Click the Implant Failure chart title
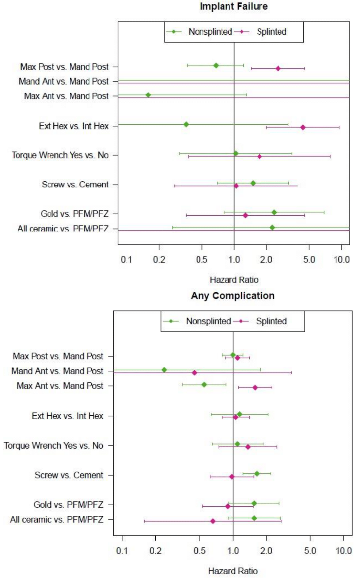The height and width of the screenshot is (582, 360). [x=234, y=6]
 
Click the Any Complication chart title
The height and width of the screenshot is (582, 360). [x=232, y=295]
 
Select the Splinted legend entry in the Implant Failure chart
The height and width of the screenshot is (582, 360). [x=271, y=32]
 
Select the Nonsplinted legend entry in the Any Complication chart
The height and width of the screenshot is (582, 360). [x=208, y=321]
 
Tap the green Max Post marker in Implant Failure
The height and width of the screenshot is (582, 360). [x=216, y=65]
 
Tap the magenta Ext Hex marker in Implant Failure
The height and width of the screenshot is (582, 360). [x=303, y=127]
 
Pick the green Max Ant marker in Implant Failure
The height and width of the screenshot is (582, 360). [x=148, y=95]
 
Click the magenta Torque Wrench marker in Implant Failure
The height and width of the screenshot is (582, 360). [x=259, y=156]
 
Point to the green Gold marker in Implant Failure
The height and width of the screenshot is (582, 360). [x=274, y=212]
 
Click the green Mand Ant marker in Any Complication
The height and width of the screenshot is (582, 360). [x=164, y=370]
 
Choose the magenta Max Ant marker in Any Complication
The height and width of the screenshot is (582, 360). [x=255, y=388]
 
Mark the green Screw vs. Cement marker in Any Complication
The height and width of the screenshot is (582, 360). [x=257, y=474]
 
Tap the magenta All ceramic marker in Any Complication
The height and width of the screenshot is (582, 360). [x=213, y=521]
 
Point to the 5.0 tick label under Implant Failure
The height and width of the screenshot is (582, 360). [x=309, y=260]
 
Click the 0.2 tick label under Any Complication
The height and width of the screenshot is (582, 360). [x=155, y=551]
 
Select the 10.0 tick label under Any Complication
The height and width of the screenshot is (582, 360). [x=344, y=551]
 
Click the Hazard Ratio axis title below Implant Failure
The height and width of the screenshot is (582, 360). [x=234, y=280]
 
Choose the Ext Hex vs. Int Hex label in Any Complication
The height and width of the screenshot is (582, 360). [x=67, y=416]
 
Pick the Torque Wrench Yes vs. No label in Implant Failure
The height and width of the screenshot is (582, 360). [x=60, y=155]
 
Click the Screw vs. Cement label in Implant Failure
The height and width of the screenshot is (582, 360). [x=75, y=185]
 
